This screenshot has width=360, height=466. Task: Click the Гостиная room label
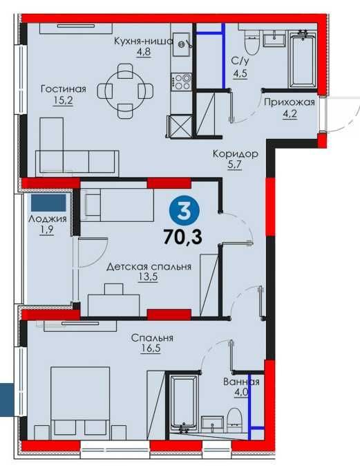point(64,89)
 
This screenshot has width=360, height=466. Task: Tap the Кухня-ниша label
point(144,41)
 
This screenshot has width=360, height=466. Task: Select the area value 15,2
point(63,101)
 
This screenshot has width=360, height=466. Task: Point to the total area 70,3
point(182,237)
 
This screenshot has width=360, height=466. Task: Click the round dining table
point(125,91)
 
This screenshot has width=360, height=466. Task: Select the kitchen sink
point(181,44)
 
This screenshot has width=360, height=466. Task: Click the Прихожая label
point(290,102)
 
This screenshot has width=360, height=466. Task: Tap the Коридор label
point(236,154)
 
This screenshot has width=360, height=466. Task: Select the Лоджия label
point(48,219)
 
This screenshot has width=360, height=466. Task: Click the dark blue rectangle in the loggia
point(48,203)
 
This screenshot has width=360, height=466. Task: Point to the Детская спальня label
point(149,267)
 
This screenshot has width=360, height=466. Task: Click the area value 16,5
point(151,348)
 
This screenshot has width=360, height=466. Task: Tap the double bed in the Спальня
point(80,403)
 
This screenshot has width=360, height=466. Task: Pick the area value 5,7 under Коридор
point(235,165)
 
